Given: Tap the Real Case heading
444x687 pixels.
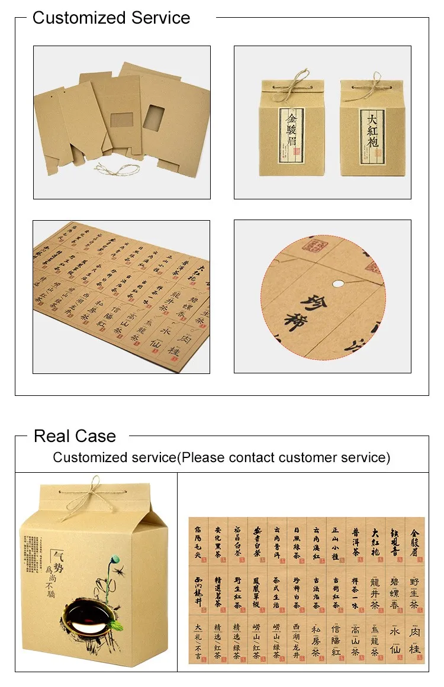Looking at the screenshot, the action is pos(75,436).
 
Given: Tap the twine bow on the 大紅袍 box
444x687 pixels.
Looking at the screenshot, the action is pos(375,82).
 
